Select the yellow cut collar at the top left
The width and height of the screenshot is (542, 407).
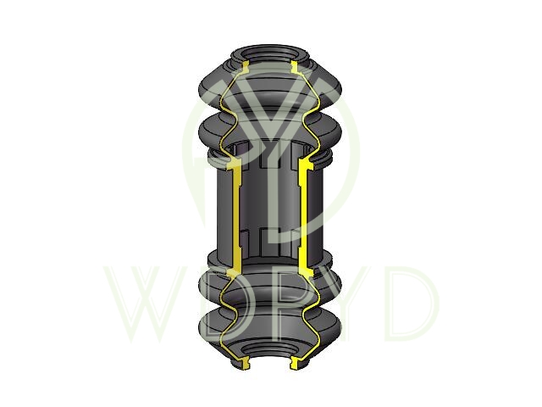[246, 67]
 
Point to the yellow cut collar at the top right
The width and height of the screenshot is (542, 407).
[295, 67]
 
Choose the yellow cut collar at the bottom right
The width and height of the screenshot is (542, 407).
[295, 363]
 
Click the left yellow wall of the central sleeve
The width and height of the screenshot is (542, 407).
[236, 215]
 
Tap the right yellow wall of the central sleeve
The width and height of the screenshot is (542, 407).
[303, 215]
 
